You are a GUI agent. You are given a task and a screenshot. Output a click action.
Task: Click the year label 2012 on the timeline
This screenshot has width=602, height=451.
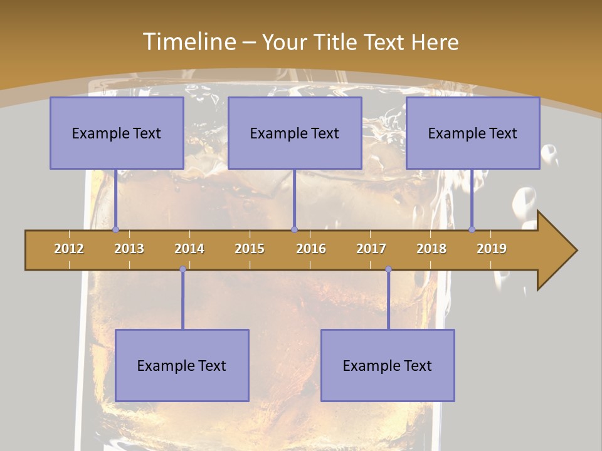[x=69, y=249]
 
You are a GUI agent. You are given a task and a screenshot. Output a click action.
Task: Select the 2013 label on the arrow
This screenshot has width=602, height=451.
[x=129, y=249]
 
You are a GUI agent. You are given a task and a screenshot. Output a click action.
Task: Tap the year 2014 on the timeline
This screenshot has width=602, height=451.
[x=189, y=249]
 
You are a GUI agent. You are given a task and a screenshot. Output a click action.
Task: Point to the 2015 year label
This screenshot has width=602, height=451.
[x=250, y=249]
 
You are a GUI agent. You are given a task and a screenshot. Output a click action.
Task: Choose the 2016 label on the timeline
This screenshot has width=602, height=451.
[x=311, y=249]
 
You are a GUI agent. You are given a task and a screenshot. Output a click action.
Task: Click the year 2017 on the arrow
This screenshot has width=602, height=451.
[x=371, y=249]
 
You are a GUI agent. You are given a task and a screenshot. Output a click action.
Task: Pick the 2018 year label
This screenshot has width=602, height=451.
[x=431, y=249]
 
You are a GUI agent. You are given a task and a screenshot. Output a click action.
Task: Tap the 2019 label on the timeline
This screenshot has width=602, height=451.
[x=492, y=249]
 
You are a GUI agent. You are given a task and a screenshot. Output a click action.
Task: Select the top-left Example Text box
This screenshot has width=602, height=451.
[x=117, y=133]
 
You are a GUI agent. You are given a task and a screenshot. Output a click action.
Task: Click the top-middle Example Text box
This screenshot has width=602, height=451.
[x=295, y=133]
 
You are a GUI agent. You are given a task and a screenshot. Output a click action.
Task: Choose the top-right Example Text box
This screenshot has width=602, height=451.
[x=473, y=133]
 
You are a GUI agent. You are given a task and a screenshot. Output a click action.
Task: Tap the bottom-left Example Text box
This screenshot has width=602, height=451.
[x=182, y=365]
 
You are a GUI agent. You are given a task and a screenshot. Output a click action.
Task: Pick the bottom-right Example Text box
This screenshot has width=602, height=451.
[x=388, y=365]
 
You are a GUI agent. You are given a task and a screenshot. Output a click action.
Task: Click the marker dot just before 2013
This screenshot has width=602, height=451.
[x=115, y=229]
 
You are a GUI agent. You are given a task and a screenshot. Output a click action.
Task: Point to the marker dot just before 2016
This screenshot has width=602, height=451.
[x=294, y=229]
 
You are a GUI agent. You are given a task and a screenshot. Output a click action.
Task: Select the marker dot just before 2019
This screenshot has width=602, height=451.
[x=472, y=229]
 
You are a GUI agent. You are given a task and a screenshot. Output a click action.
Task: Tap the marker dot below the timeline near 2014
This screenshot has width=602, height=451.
[x=182, y=269]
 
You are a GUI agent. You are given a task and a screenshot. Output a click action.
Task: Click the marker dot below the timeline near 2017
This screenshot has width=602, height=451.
[x=388, y=269]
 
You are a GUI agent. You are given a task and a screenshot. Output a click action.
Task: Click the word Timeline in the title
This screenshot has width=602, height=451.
[x=189, y=41]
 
